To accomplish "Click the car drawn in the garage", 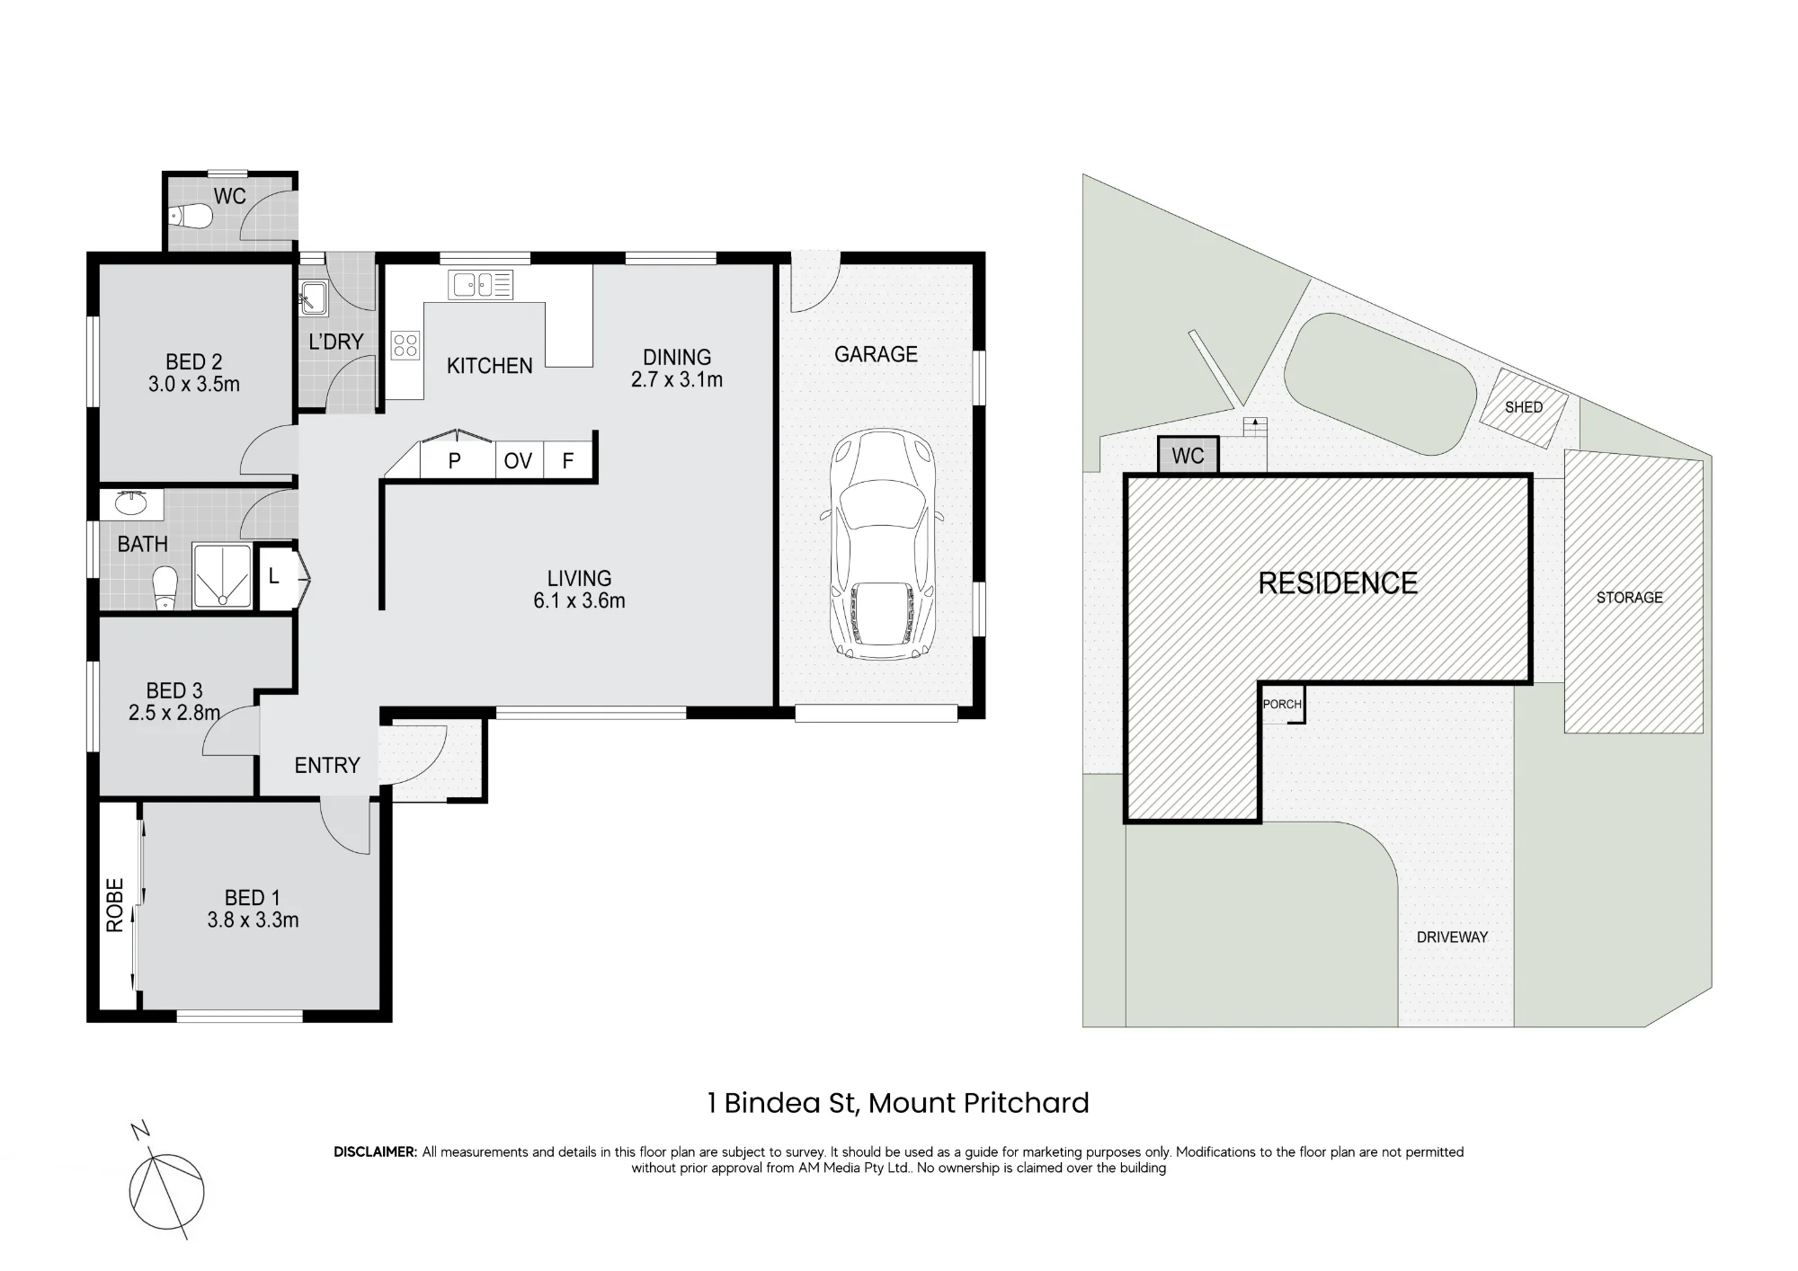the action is click(882, 545).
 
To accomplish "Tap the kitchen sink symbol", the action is click(481, 285).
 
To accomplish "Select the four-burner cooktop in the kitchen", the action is click(405, 345).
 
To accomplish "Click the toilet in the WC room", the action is click(191, 217).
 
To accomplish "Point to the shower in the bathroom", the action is click(221, 575).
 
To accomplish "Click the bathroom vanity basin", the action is click(132, 503).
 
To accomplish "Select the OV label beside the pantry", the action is click(518, 461).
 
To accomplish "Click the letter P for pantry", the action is click(455, 461).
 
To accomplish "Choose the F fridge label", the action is click(568, 461).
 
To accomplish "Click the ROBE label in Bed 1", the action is click(115, 905).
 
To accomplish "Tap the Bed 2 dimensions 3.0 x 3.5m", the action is click(194, 385).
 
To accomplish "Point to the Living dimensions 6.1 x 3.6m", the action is click(579, 601).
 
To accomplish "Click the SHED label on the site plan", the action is click(1524, 407).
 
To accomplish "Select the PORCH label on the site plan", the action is click(1282, 704).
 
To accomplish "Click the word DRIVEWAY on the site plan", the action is click(1452, 937).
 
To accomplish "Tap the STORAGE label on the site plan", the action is click(1629, 597).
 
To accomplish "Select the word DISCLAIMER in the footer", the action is click(376, 1152).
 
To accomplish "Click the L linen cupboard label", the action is click(274, 576).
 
